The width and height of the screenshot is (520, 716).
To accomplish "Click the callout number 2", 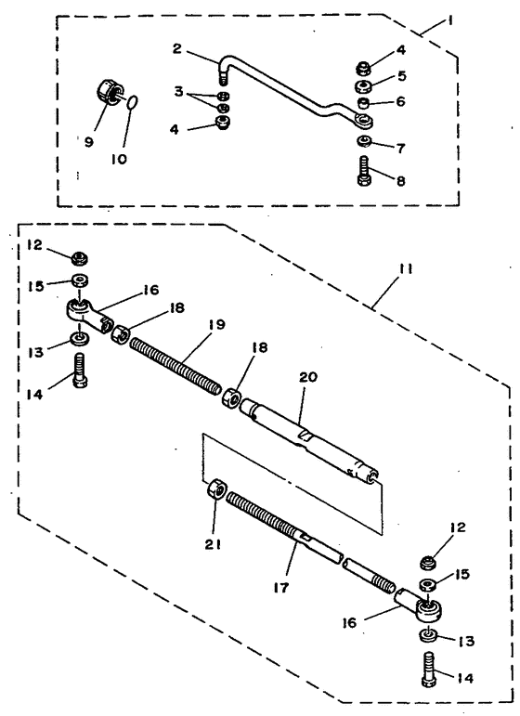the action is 177,48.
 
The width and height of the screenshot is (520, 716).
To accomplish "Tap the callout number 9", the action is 88,142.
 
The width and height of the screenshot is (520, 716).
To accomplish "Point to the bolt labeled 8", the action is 364,171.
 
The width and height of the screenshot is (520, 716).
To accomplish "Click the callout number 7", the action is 401,149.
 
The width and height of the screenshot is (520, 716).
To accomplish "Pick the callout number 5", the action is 402,75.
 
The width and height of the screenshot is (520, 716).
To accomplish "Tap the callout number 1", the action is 449,20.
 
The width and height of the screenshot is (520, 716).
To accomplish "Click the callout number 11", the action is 406,269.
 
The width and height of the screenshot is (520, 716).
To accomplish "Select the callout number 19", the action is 217,325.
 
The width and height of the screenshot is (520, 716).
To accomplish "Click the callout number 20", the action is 308,377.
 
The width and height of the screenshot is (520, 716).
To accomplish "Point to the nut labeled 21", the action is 215,490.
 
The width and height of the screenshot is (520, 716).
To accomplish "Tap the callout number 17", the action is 281,587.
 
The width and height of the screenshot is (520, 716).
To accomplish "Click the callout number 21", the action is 213,544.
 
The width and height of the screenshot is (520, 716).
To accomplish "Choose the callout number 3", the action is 178,91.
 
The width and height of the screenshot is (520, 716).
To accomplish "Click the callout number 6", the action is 401,101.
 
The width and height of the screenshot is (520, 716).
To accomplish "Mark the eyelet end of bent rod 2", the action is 364,121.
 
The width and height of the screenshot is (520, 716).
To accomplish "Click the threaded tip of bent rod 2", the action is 223,79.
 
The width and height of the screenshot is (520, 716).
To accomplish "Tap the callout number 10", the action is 119,159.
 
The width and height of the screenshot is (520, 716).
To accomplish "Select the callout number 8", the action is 401,181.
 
